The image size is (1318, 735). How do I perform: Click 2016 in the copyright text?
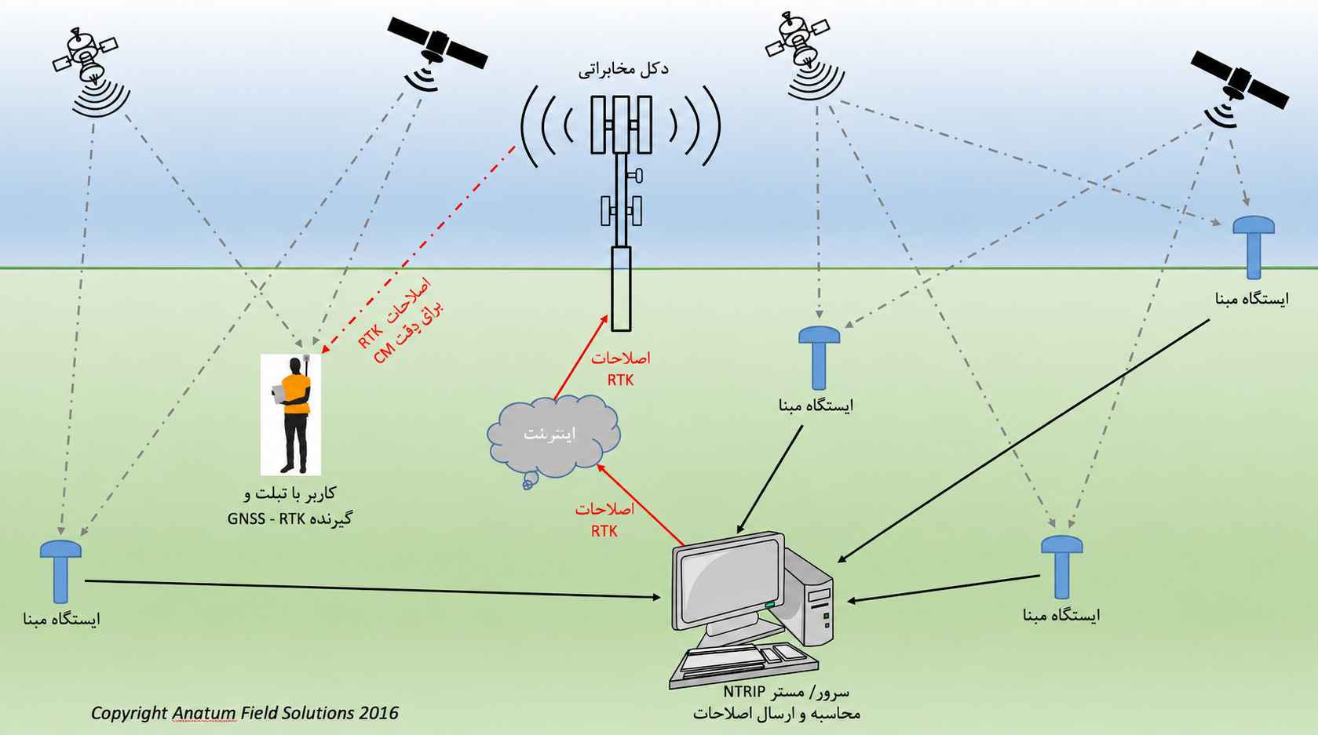tap(378, 713)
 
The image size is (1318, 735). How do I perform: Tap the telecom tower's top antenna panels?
tap(622, 125)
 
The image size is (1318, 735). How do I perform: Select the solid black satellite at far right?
tap(1240, 86)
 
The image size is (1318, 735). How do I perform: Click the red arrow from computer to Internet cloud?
tap(641, 504)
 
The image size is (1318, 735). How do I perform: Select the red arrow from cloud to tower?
tap(581, 358)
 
